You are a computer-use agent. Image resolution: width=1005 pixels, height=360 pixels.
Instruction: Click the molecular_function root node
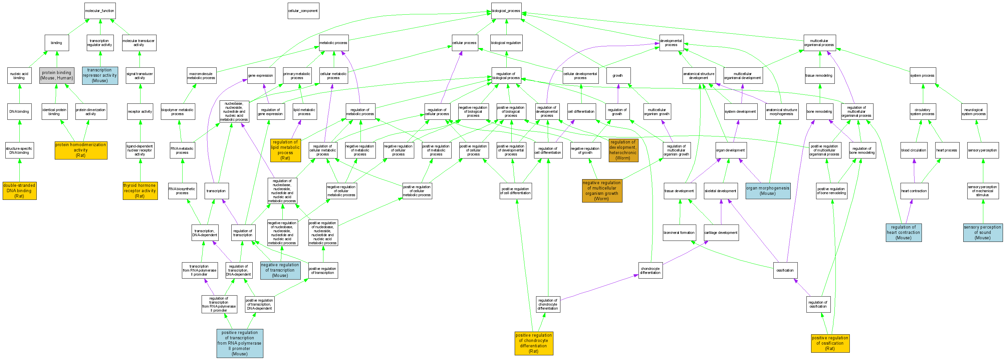(x=100, y=11)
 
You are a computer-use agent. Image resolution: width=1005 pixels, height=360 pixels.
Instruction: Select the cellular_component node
(x=303, y=11)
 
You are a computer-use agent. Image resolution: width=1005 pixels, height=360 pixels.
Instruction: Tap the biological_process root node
(x=506, y=11)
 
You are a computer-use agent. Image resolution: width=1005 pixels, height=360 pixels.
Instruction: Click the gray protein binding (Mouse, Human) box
(x=56, y=75)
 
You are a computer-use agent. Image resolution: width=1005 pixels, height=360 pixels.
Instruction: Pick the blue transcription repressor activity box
(x=100, y=75)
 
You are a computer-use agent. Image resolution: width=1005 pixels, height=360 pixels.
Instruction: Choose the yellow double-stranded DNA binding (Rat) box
(x=19, y=191)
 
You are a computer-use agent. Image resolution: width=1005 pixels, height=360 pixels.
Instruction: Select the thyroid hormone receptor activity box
(x=140, y=191)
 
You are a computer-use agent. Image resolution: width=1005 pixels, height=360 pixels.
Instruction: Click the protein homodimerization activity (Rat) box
(x=81, y=150)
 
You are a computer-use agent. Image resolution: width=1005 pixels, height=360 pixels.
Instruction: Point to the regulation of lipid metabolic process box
(x=285, y=150)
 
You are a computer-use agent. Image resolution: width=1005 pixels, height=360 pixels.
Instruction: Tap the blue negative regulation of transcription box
(x=280, y=270)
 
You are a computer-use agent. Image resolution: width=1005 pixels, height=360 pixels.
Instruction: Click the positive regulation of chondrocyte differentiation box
(x=534, y=343)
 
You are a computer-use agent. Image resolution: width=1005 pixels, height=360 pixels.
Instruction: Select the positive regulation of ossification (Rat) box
(x=830, y=343)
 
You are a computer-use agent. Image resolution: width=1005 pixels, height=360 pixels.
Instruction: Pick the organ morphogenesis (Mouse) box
(x=767, y=191)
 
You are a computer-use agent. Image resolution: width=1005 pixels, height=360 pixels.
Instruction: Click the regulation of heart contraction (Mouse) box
(x=903, y=233)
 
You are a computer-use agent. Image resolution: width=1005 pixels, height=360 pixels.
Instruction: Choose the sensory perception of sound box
(x=982, y=233)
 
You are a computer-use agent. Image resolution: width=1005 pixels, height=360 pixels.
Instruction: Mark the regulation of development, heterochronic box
(x=623, y=150)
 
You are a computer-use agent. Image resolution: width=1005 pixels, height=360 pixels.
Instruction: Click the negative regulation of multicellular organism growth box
(x=601, y=191)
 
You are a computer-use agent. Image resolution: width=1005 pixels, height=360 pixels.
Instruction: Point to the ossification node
(x=785, y=270)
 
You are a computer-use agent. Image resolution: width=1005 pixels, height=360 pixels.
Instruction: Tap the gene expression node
(x=261, y=76)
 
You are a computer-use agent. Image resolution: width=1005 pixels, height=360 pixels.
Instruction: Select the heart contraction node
(x=914, y=191)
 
